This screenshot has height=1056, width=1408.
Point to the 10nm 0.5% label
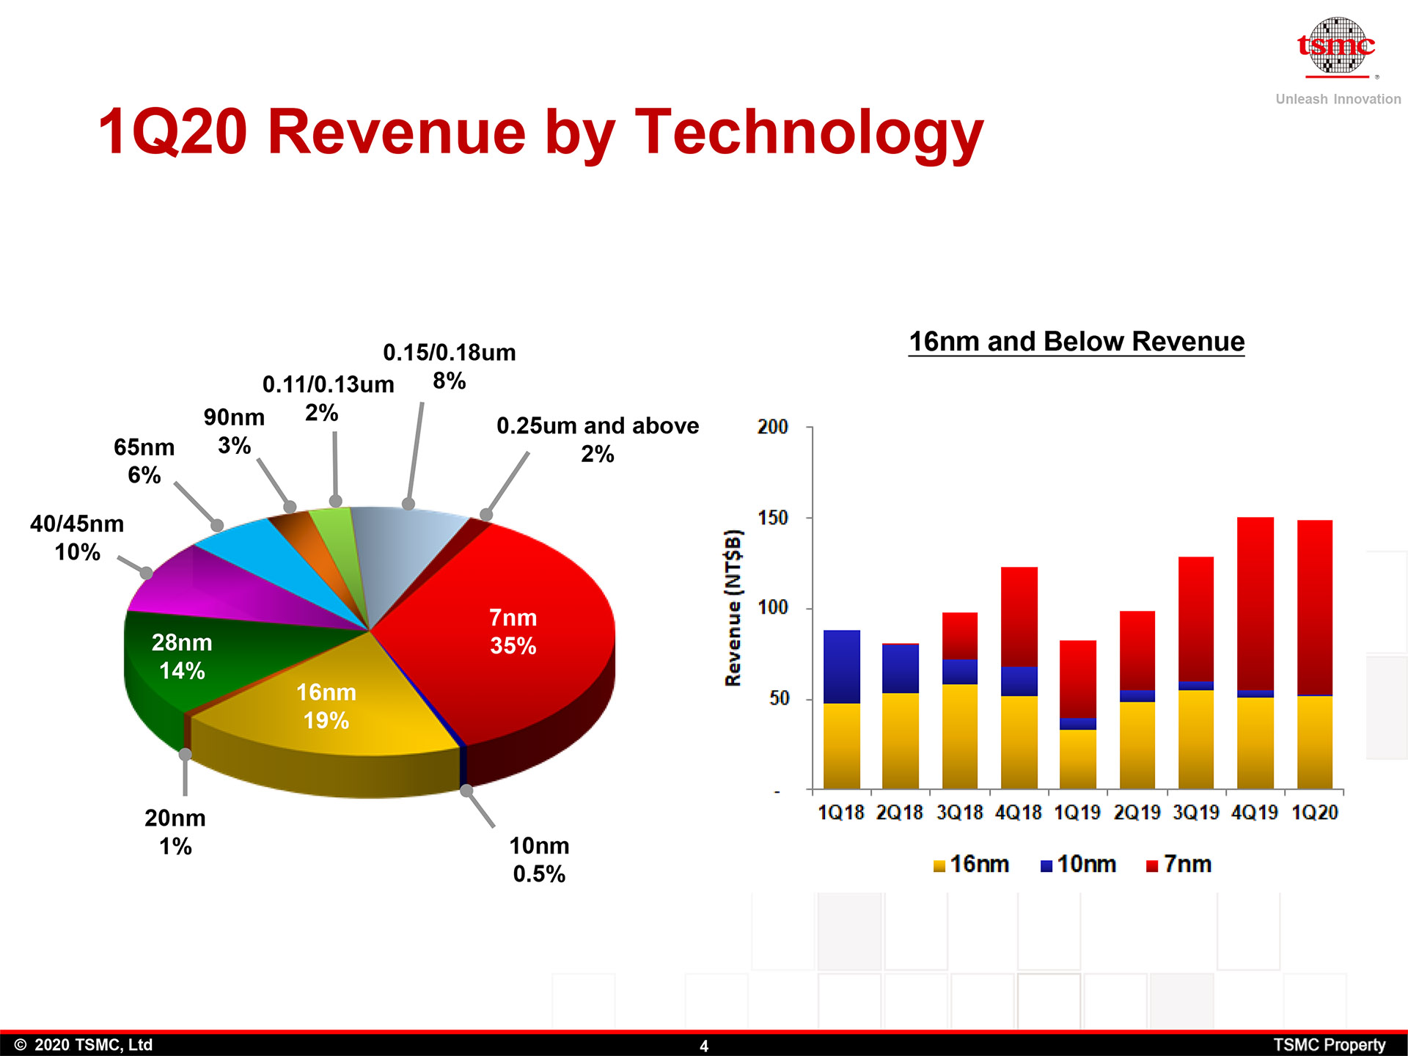point(539,859)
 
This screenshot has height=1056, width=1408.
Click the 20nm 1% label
point(175,832)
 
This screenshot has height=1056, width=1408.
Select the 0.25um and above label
point(598,439)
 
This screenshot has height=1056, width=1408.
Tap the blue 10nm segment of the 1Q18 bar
point(842,666)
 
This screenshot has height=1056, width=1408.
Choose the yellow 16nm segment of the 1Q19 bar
point(1077,759)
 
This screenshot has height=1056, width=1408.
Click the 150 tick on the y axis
point(772,518)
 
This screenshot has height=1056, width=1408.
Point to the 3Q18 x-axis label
point(959,813)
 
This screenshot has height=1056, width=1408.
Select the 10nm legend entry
point(1078,865)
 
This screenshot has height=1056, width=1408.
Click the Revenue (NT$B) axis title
point(733,607)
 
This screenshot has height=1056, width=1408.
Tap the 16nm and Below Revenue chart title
point(1077,342)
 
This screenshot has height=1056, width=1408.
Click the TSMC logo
point(1336,48)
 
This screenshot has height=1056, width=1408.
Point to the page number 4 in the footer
point(704,1046)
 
